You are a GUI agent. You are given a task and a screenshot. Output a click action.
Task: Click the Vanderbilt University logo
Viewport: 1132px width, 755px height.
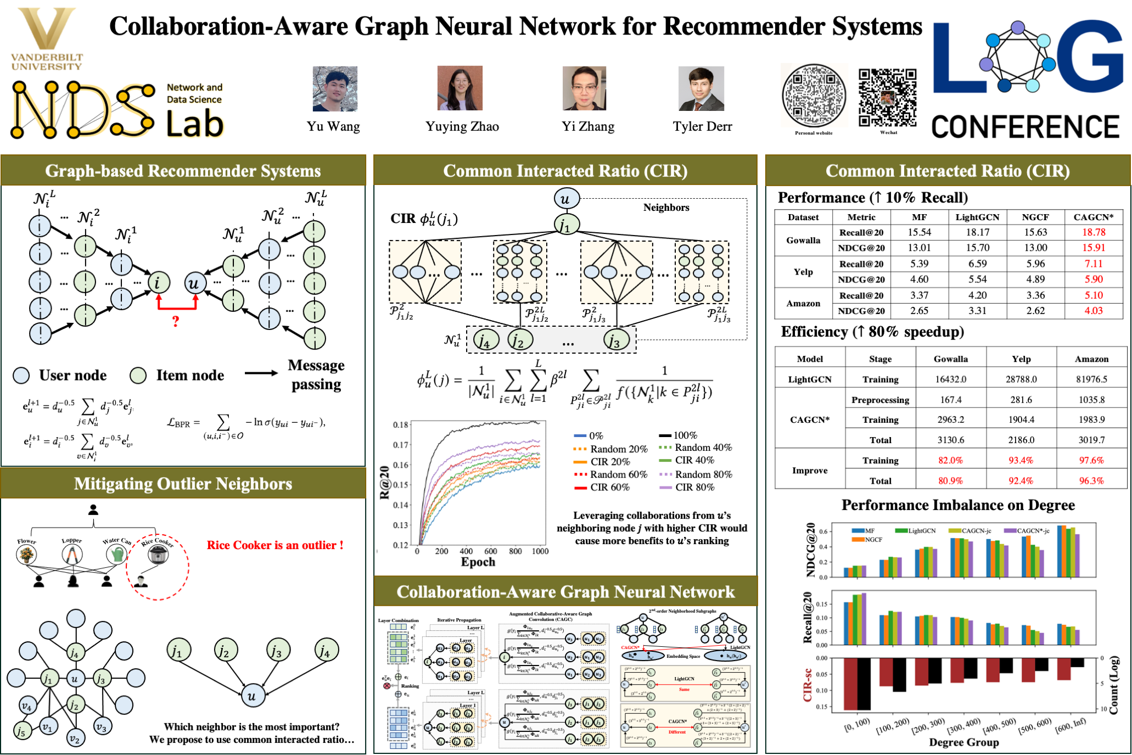click(x=47, y=38)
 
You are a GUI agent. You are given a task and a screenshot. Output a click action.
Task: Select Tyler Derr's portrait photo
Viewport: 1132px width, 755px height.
click(x=701, y=88)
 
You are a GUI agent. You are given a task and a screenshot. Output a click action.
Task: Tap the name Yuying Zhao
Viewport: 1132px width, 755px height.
click(x=462, y=127)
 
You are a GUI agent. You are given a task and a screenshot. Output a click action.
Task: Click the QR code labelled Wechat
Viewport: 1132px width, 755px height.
click(x=887, y=97)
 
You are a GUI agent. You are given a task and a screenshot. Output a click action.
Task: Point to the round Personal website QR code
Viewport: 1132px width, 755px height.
click(x=814, y=96)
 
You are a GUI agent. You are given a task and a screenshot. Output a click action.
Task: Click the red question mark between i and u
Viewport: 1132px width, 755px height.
click(x=176, y=321)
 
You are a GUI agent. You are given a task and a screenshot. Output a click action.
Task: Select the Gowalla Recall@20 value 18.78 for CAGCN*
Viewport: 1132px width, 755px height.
click(x=1094, y=232)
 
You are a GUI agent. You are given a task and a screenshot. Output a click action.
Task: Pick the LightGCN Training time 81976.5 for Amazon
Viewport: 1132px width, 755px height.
click(x=1091, y=379)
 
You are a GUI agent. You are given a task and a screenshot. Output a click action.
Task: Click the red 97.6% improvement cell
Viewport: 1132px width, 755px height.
click(x=1091, y=460)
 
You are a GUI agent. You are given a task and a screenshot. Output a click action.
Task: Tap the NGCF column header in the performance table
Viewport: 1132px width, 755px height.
click(x=1035, y=217)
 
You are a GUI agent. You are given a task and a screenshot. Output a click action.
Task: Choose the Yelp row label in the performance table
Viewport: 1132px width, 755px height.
click(x=803, y=272)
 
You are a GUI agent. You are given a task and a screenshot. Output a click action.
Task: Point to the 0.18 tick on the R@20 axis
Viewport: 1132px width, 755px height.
click(x=401, y=424)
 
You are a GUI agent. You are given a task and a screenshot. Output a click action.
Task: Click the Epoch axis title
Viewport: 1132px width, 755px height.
click(x=478, y=562)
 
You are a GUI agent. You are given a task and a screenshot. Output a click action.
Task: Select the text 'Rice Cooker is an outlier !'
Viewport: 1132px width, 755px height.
click(x=274, y=545)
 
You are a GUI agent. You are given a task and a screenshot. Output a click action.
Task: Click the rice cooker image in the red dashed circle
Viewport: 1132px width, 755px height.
click(x=158, y=555)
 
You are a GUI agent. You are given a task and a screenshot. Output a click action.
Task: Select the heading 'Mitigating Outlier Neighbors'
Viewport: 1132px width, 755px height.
click(x=183, y=484)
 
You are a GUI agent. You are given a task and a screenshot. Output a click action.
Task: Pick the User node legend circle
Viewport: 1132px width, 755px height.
click(x=21, y=376)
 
